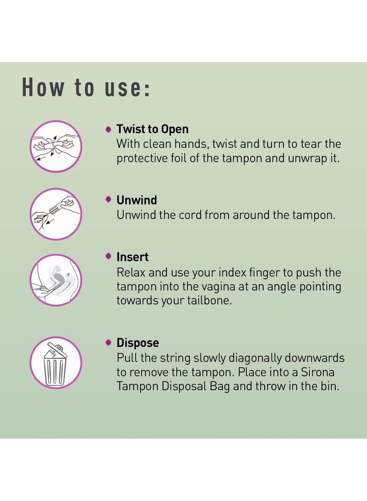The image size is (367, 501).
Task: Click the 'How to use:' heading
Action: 86,87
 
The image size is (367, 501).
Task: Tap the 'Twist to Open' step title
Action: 152,129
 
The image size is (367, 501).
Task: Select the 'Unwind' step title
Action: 137,200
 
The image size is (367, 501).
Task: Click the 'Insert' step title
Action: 133,257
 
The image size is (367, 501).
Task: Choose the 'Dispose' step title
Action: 138,343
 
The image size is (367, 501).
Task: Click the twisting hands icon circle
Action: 56,146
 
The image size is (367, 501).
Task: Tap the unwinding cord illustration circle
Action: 56,214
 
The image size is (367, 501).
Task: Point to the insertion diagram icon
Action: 56,280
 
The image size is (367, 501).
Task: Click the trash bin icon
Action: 56,363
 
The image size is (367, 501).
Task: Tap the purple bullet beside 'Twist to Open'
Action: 109,129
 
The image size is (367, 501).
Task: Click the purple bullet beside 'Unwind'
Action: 109,200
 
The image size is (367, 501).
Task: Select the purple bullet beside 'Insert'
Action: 109,256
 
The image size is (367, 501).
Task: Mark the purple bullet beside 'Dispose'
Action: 109,343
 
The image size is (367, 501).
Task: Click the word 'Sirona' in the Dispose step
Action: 317,372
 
